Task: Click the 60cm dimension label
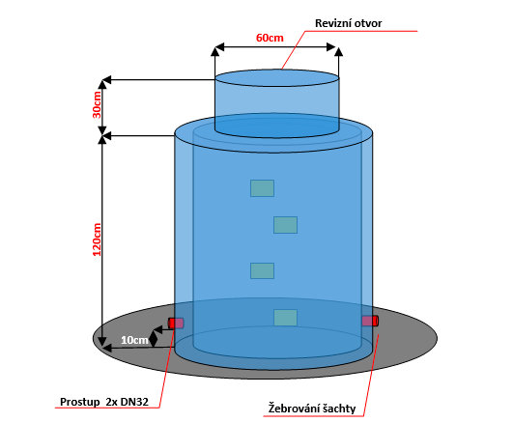point(270,38)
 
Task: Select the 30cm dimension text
point(98,104)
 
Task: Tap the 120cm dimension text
point(98,240)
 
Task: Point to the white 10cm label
point(134,340)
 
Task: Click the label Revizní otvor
point(348,23)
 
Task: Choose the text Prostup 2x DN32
point(104,402)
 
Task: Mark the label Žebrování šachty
point(312,409)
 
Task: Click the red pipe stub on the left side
point(176,324)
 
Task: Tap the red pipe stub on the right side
point(370,321)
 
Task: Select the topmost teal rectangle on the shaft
point(262,188)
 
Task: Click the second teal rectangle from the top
point(285,225)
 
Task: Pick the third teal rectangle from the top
point(262,270)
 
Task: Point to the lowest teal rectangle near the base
point(285,318)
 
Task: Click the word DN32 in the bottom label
point(134,402)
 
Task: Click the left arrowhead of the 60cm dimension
point(220,46)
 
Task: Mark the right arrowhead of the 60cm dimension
point(331,46)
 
